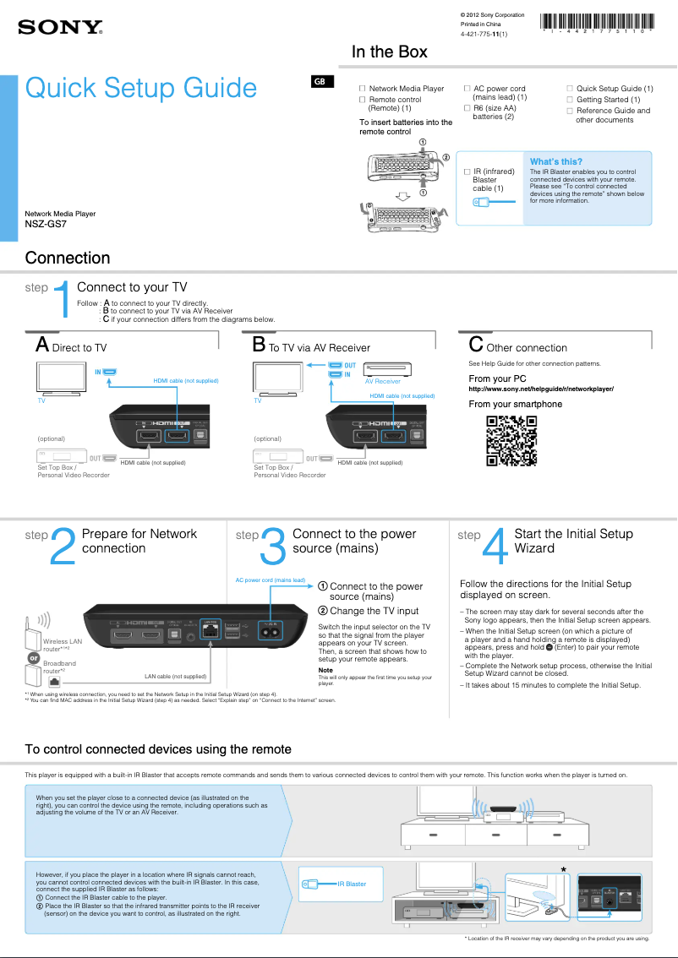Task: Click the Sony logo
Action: [60, 28]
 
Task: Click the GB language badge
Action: [320, 82]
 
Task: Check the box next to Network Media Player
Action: [363, 89]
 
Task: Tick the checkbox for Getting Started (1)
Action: [570, 100]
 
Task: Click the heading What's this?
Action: [555, 161]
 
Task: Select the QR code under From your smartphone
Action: [512, 440]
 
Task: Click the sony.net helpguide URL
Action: [540, 389]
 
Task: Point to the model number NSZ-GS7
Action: [46, 225]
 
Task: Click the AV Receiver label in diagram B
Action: [382, 382]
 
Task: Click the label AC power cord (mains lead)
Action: [270, 580]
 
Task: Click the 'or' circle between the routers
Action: [33, 656]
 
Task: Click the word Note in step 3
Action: [325, 670]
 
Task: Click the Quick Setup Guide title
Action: [141, 88]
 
